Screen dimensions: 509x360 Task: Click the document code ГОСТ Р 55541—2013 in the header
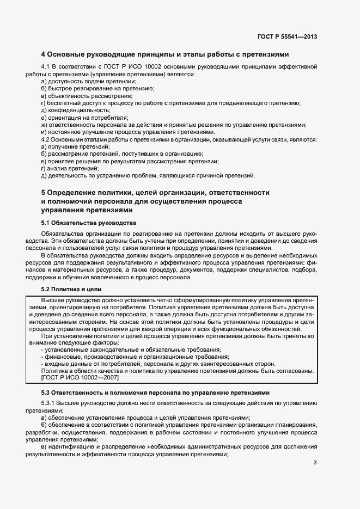pos(287,37)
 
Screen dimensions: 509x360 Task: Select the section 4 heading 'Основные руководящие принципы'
pos(165,54)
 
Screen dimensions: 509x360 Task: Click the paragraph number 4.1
pos(46,67)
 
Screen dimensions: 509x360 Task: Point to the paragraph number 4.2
pos(46,139)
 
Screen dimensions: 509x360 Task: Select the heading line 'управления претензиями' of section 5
pos(87,210)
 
